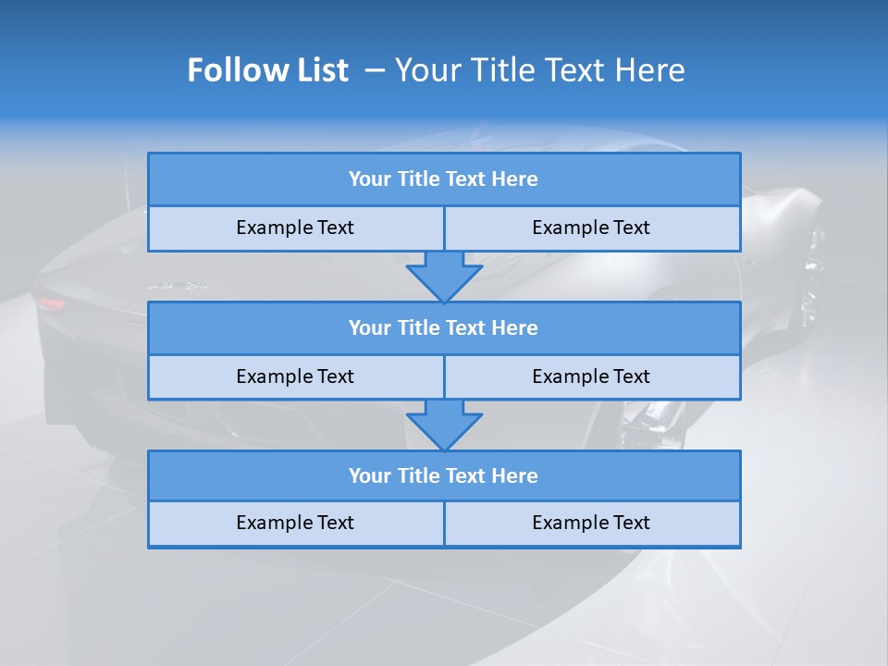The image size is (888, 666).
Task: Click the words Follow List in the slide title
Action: [267, 70]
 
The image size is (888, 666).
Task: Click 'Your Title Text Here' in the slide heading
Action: [539, 70]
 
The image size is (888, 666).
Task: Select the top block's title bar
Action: [444, 179]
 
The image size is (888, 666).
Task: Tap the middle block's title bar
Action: [444, 328]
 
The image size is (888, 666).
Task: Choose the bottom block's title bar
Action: [444, 476]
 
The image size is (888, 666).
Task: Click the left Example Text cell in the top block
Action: [295, 228]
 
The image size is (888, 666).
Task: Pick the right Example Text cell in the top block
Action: [591, 228]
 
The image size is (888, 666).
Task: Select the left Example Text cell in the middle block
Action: [295, 376]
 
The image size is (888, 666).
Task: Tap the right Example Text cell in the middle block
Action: [591, 376]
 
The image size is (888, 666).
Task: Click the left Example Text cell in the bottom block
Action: [295, 524]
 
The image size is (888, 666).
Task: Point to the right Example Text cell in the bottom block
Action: [591, 524]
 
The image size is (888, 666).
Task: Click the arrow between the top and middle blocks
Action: [444, 277]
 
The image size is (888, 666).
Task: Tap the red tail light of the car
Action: [51, 302]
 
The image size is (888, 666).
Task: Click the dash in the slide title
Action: [375, 70]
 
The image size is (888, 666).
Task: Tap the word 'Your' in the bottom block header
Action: [369, 476]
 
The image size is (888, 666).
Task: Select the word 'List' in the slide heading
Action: [320, 70]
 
